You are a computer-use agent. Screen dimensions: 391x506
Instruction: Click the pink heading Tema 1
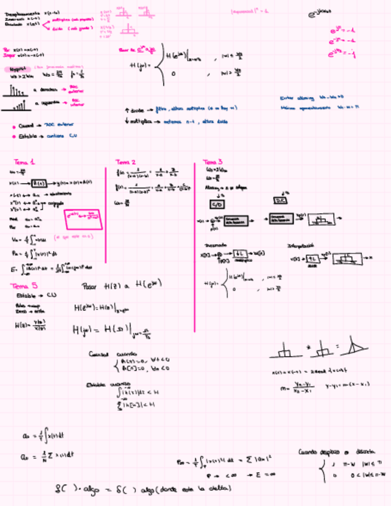click(24, 162)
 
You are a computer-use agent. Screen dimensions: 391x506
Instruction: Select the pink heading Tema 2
click(126, 162)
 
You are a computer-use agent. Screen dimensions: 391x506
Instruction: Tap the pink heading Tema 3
click(213, 162)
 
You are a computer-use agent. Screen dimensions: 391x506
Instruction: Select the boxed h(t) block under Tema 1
click(38, 183)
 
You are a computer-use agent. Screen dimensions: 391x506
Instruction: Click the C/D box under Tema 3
click(216, 205)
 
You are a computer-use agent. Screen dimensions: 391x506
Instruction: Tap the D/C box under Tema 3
click(280, 201)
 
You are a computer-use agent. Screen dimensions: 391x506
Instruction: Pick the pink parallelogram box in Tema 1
click(86, 220)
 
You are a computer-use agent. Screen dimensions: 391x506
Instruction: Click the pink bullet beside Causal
click(14, 126)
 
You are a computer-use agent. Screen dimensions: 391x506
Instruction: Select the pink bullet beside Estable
click(14, 137)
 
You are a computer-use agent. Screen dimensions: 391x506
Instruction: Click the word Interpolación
click(300, 245)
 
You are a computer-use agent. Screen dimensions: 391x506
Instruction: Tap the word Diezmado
click(214, 245)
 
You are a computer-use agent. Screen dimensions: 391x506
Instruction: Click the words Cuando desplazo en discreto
click(337, 452)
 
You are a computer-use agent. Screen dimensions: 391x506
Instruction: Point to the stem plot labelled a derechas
click(17, 90)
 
